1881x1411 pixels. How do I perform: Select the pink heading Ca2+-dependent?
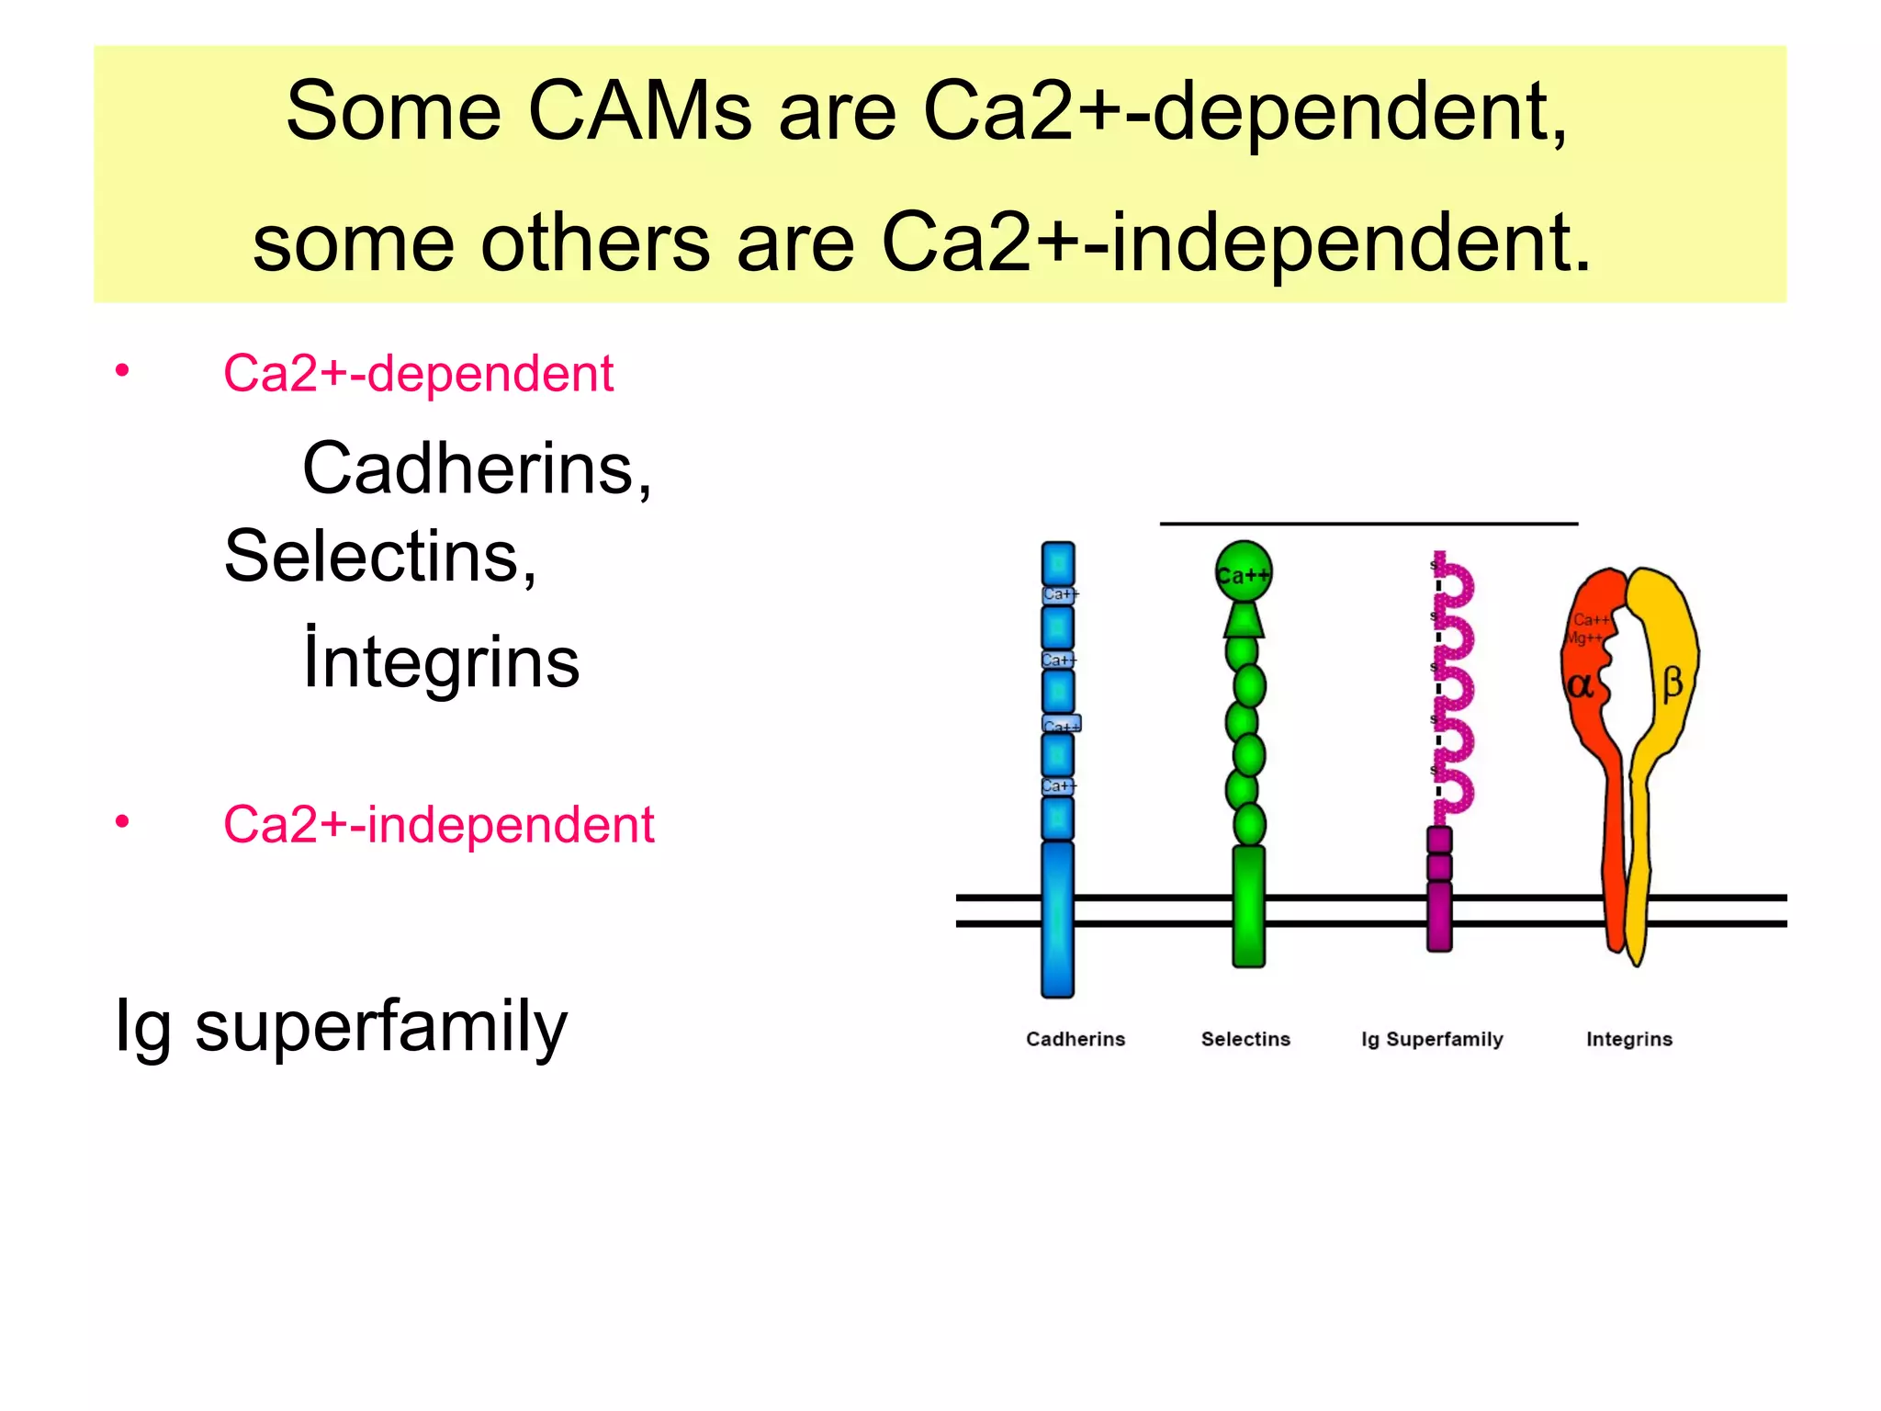coord(418,374)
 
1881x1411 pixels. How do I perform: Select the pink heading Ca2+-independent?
coord(438,824)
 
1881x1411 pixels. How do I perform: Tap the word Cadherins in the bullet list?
coord(476,468)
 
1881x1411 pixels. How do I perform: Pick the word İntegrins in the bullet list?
coord(441,660)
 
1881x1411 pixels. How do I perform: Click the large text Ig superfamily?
coord(341,1026)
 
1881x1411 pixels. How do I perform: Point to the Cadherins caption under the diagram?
coord(1075,1039)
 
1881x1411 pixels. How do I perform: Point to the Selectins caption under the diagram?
coord(1245,1039)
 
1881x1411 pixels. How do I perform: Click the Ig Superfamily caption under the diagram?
coord(1432,1039)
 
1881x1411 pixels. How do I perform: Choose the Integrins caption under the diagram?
coord(1629,1039)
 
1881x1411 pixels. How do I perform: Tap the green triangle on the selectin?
coord(1244,620)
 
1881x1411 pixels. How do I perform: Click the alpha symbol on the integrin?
coord(1580,685)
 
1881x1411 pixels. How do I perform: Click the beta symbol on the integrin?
coord(1673,683)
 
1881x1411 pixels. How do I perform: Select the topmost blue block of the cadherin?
coord(1058,562)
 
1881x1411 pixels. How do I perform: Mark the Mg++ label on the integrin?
coord(1584,638)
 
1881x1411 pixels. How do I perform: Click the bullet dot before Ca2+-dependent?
coord(122,371)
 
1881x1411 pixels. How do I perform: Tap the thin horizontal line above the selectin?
coord(1369,524)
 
